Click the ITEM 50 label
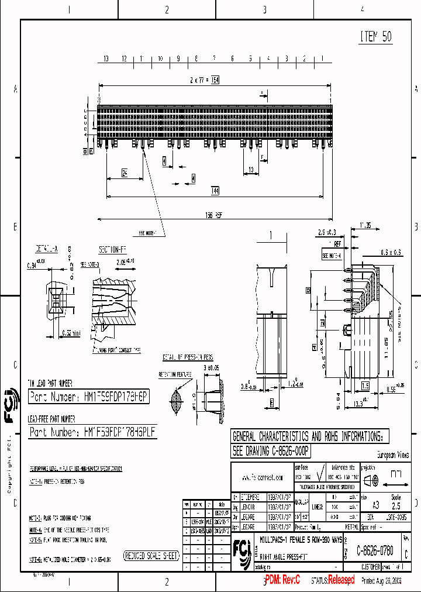pyautogui.click(x=375, y=37)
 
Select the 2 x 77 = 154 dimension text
pyautogui.click(x=203, y=80)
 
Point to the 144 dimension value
pyautogui.click(x=215, y=191)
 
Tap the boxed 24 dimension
pyautogui.click(x=125, y=173)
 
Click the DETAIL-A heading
pyautogui.click(x=47, y=249)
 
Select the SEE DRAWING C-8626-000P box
pyautogui.click(x=271, y=451)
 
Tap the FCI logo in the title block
pyautogui.click(x=240, y=550)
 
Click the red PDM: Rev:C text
pyautogui.click(x=283, y=580)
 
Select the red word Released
pyautogui.click(x=341, y=580)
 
